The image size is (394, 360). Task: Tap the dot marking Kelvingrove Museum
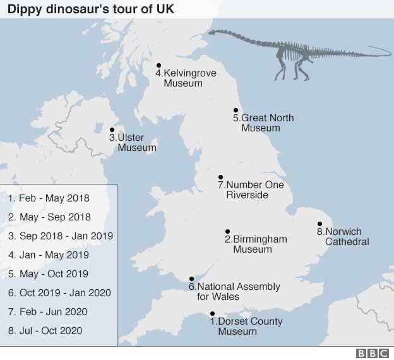pyautogui.click(x=158, y=65)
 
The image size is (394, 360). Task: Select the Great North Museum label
pyautogui.click(x=263, y=123)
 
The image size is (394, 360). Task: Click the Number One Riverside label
pyautogui.click(x=251, y=190)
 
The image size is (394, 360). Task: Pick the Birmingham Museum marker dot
pyautogui.click(x=227, y=231)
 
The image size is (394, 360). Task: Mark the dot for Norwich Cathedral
pyautogui.click(x=319, y=224)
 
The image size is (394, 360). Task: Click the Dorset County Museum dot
pyautogui.click(x=212, y=314)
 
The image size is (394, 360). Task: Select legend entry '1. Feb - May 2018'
pyautogui.click(x=49, y=198)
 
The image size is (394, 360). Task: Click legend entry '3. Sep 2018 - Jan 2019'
pyautogui.click(x=60, y=236)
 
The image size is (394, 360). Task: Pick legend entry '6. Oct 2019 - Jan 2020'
pyautogui.click(x=59, y=292)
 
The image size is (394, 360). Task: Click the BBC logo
pyautogui.click(x=372, y=352)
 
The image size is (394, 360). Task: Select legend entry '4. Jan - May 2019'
pyautogui.click(x=49, y=255)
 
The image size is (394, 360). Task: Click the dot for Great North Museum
pyautogui.click(x=236, y=110)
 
